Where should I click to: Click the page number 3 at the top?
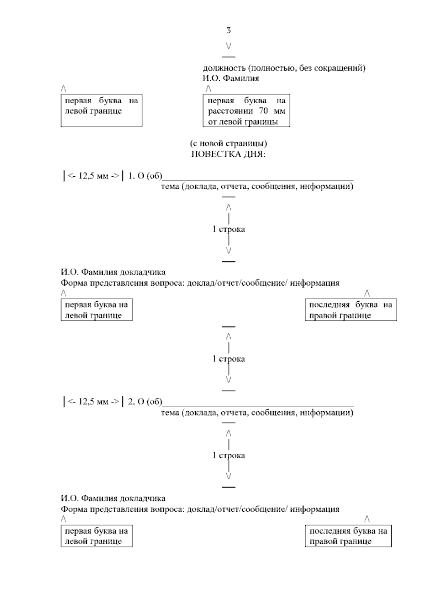pos(228,31)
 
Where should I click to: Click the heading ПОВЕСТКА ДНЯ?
pos(228,155)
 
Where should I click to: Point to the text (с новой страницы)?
pos(228,144)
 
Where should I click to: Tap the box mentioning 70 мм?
pos(246,110)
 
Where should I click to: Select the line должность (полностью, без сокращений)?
pos(284,68)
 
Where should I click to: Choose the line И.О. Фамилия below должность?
pos(231,78)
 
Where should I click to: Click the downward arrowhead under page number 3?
pos(228,46)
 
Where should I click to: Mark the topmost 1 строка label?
pos(228,229)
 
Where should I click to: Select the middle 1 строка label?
pos(228,359)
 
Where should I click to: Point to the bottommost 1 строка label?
pos(228,455)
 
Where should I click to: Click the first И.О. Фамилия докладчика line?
pos(113,272)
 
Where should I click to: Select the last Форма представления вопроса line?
pos(200,509)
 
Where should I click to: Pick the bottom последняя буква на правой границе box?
pos(348,536)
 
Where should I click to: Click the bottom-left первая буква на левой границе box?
pos(96,536)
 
